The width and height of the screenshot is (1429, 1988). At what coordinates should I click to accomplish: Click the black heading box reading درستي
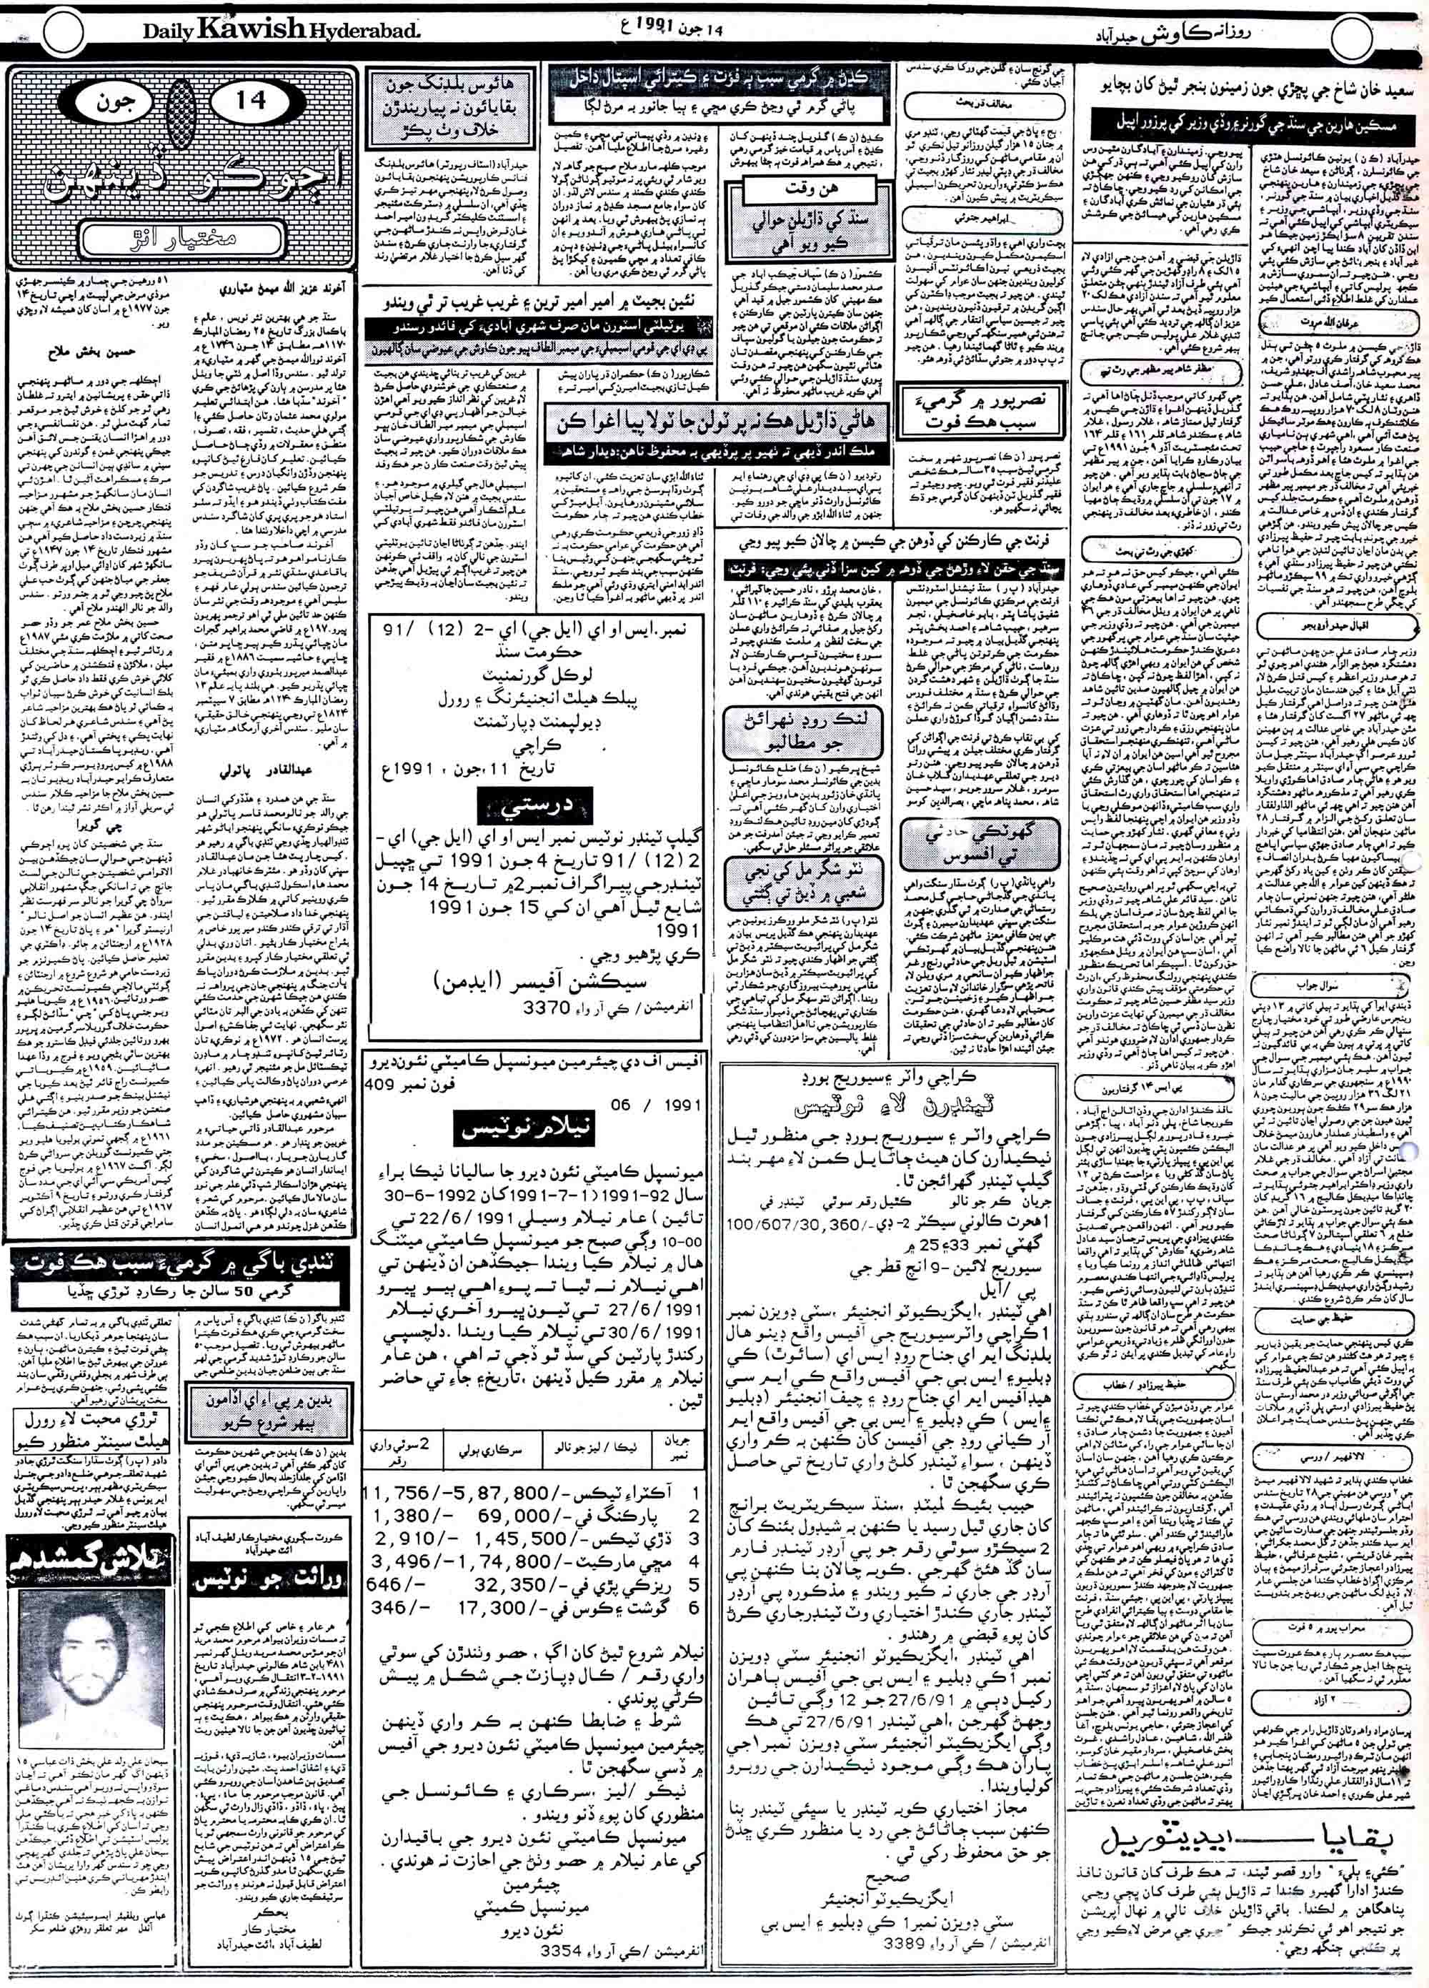[521, 807]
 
